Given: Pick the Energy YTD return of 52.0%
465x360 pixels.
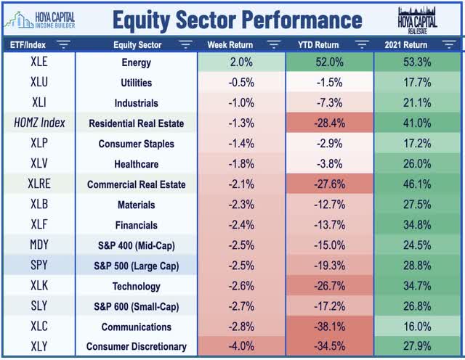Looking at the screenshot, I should (x=329, y=62).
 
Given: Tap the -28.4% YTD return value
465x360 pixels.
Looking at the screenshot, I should (x=329, y=123).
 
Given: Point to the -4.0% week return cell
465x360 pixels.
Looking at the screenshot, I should (x=242, y=347).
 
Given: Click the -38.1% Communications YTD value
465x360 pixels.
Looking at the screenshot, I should (x=329, y=327).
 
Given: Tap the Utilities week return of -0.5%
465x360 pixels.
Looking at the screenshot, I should (x=242, y=83).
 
